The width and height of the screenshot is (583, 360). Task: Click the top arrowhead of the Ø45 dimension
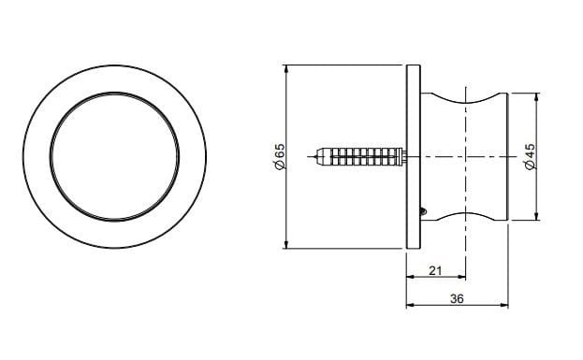[x=537, y=95]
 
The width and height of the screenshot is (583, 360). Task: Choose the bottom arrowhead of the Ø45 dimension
[x=537, y=216]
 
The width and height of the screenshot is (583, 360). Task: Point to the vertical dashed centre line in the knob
[x=466, y=155]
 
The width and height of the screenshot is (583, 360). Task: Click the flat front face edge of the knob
[x=506, y=155]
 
